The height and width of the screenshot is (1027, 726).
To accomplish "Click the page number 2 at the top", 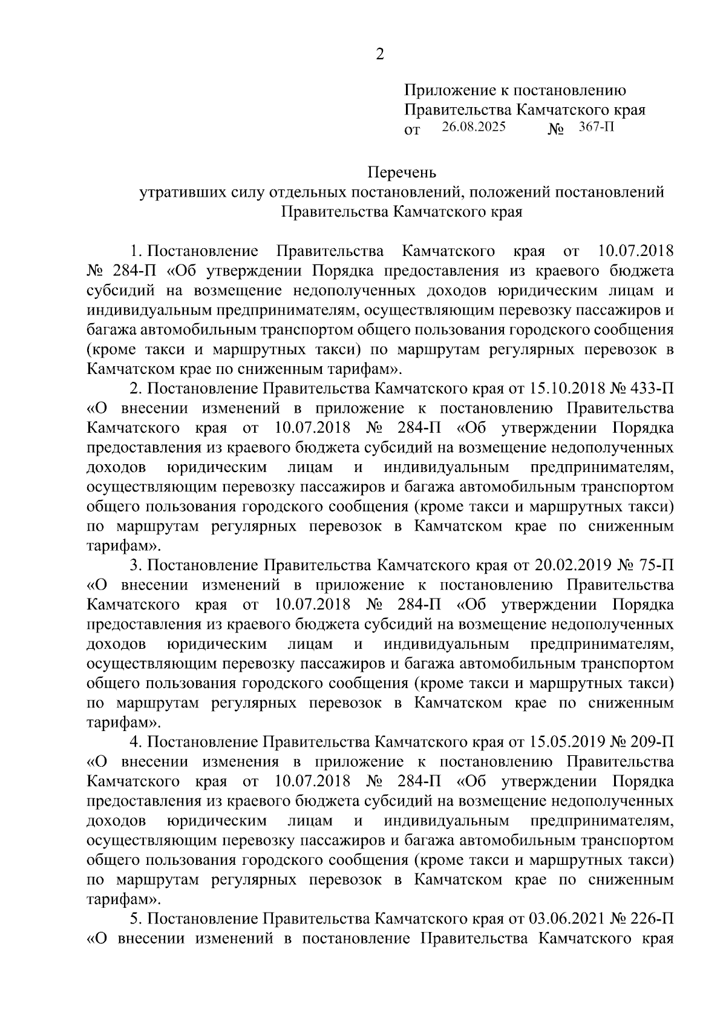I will (x=380, y=54).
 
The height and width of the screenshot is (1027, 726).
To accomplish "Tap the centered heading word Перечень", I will (x=402, y=173).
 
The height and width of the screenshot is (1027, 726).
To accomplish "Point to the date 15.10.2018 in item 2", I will (x=569, y=388).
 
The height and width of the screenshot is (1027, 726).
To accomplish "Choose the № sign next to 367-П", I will (x=555, y=129).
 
